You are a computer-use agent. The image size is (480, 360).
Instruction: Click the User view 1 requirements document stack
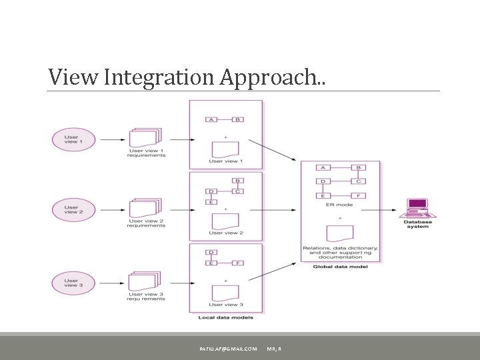(x=145, y=137)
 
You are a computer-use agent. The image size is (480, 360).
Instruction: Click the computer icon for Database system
(x=417, y=209)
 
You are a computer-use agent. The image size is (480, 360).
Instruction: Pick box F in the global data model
(x=358, y=195)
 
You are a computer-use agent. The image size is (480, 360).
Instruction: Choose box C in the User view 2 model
(x=239, y=192)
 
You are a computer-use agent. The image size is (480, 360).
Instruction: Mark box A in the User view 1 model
(x=211, y=120)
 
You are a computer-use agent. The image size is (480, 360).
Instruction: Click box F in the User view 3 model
(x=239, y=263)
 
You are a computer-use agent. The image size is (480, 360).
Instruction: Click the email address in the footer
(x=228, y=349)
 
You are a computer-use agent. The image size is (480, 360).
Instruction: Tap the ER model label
(x=340, y=205)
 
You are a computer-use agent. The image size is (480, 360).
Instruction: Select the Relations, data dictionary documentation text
(x=340, y=252)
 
